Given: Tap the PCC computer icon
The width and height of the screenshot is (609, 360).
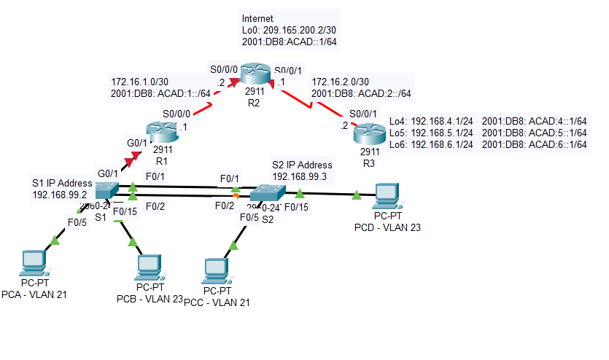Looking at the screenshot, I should tap(216, 270).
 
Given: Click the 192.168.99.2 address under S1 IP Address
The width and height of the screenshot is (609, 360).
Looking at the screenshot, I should tap(60, 195).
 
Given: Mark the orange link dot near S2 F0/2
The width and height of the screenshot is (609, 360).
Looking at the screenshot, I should tap(236, 195).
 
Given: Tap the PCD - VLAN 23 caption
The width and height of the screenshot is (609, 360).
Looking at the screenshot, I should tap(387, 227).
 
